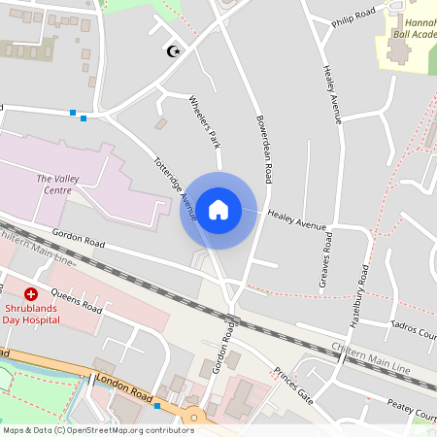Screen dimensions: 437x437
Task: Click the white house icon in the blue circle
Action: (218, 209)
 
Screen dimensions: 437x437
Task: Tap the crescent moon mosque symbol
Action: (175, 50)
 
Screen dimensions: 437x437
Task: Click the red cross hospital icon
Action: (30, 293)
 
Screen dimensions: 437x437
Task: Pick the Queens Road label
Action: (76, 300)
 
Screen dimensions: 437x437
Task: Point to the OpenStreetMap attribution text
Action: (97, 430)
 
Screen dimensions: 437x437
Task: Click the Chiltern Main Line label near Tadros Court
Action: (371, 358)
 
